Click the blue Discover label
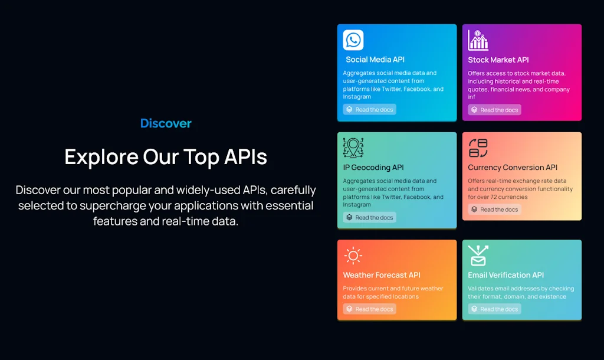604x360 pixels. [166, 123]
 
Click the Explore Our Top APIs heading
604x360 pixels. [166, 157]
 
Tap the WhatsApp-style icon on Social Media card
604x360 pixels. [353, 40]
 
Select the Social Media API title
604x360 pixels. [375, 60]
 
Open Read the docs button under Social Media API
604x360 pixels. [370, 110]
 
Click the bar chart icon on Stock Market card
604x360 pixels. [478, 40]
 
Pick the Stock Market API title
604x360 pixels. [498, 60]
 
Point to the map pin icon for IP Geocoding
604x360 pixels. [353, 148]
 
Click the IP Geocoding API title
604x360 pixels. [373, 168]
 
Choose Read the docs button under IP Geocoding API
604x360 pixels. [370, 218]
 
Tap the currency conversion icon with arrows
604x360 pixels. [478, 148]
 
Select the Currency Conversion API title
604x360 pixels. [513, 168]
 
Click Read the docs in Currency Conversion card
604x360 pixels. [494, 210]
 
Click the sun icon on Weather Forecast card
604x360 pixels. [353, 256]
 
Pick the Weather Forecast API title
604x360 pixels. [382, 275]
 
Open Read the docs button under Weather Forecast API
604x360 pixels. [370, 309]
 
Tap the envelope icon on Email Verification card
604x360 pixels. [478, 256]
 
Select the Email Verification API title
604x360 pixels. [506, 275]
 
